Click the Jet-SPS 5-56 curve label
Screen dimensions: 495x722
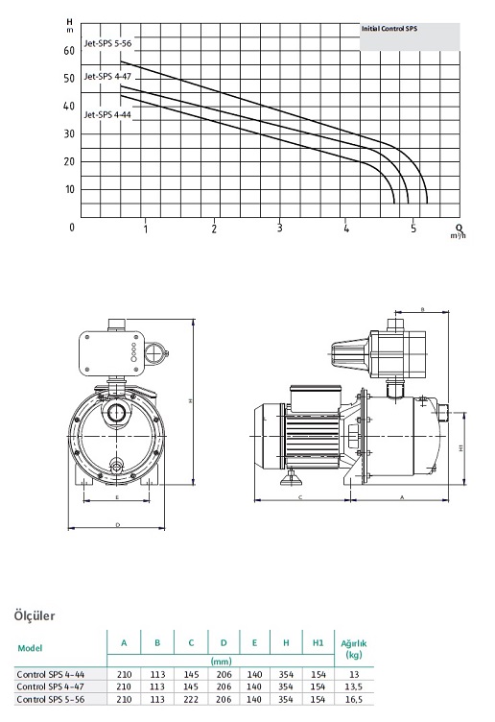coord(107,44)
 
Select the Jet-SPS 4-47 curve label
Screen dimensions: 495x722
coord(107,77)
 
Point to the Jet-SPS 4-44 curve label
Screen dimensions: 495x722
coord(107,114)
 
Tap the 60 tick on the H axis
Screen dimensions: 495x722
coord(69,51)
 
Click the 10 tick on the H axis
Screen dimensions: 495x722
coord(69,189)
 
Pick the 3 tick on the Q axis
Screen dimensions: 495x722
coord(280,228)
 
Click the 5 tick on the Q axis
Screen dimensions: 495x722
coord(413,228)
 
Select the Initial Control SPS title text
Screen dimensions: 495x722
coord(389,29)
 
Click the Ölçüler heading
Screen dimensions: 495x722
coord(35,615)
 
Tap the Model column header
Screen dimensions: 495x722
coord(30,648)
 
